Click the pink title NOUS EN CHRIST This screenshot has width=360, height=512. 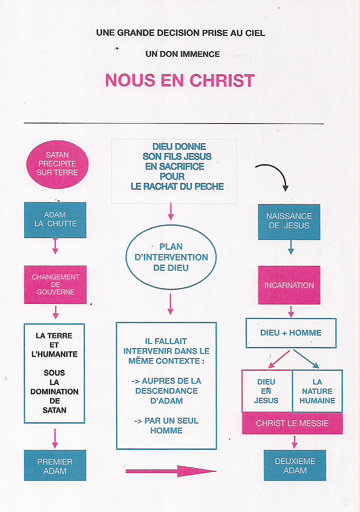tap(180, 81)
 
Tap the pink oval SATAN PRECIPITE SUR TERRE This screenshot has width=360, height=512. tap(58, 164)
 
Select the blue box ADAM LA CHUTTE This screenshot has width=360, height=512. tap(55, 219)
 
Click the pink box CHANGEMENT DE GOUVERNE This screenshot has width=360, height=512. tap(55, 285)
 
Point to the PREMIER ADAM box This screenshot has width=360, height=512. tap(55, 465)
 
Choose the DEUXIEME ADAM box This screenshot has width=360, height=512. tap(295, 465)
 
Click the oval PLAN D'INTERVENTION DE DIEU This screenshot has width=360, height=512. tap(171, 257)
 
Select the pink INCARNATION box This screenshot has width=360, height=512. tap(289, 285)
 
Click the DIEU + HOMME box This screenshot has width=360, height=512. tap(291, 333)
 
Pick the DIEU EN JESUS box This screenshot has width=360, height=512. tap(267, 391)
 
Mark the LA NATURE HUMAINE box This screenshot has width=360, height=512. tap(317, 391)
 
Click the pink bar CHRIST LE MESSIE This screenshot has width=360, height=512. tap(292, 423)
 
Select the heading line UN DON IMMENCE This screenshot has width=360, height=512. tap(182, 54)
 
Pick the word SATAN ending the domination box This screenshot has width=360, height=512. tap(54, 410)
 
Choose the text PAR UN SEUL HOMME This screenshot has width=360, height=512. tap(166, 426)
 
